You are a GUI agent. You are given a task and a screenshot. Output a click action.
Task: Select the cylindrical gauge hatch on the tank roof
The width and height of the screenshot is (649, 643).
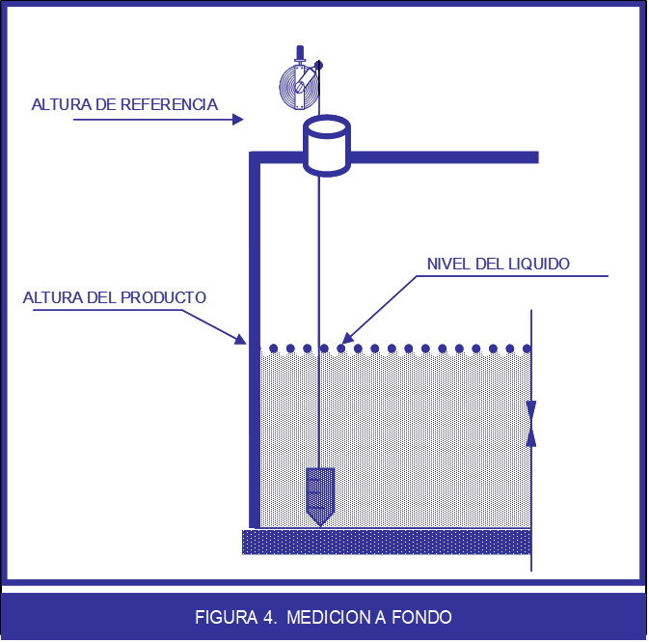point(326,146)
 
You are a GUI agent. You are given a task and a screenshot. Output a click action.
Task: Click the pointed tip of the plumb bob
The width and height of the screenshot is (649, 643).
point(320,523)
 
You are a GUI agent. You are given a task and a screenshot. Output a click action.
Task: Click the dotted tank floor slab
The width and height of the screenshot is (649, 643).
point(386,542)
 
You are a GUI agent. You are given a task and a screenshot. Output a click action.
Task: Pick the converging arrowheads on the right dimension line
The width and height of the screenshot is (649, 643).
point(531,422)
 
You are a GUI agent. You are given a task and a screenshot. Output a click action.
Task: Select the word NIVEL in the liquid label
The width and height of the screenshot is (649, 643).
point(447,264)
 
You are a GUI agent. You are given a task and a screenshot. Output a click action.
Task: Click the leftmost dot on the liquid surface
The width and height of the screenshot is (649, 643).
point(274,349)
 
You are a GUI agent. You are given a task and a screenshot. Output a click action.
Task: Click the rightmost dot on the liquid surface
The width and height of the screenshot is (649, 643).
point(527,349)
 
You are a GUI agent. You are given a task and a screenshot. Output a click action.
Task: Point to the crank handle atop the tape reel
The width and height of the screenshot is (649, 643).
point(301,53)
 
